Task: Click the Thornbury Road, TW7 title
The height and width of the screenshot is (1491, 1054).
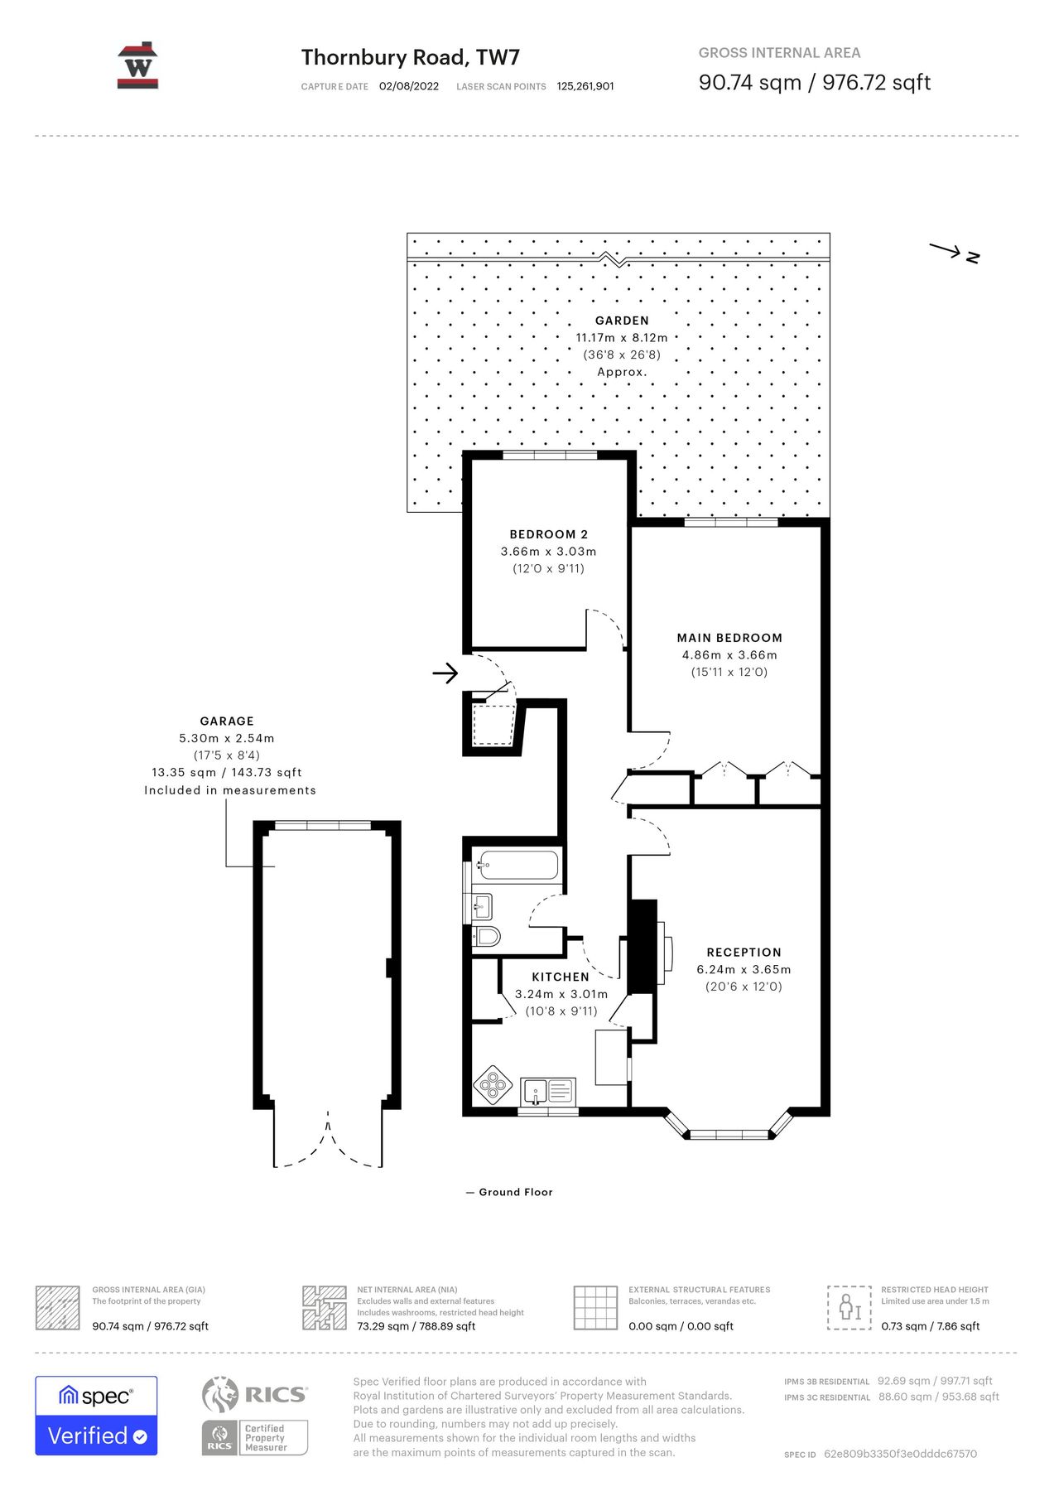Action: [410, 57]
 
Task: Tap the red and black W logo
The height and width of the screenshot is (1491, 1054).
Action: [137, 65]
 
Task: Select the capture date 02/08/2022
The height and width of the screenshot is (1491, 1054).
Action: [409, 86]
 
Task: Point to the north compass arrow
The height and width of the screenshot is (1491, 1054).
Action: [953, 252]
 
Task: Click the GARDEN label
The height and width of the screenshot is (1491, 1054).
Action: [622, 321]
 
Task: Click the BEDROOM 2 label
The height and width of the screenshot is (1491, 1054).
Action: [548, 534]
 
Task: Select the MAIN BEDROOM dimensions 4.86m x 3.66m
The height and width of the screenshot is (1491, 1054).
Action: [729, 654]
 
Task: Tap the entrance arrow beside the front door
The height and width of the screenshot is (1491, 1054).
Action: [445, 673]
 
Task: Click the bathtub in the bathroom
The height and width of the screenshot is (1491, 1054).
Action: [517, 866]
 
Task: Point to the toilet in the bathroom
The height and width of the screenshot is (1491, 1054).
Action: [488, 937]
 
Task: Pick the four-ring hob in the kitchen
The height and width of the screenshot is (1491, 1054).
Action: [493, 1084]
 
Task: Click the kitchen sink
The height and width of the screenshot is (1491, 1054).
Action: [548, 1090]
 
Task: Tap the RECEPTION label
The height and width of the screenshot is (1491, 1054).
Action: [744, 953]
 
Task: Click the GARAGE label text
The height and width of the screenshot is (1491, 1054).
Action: [227, 721]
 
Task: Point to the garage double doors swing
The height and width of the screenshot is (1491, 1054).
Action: [328, 1141]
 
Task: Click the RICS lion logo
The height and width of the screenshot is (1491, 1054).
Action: [220, 1395]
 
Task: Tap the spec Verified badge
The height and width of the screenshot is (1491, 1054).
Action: [96, 1416]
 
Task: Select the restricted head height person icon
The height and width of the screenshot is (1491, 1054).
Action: [849, 1308]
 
